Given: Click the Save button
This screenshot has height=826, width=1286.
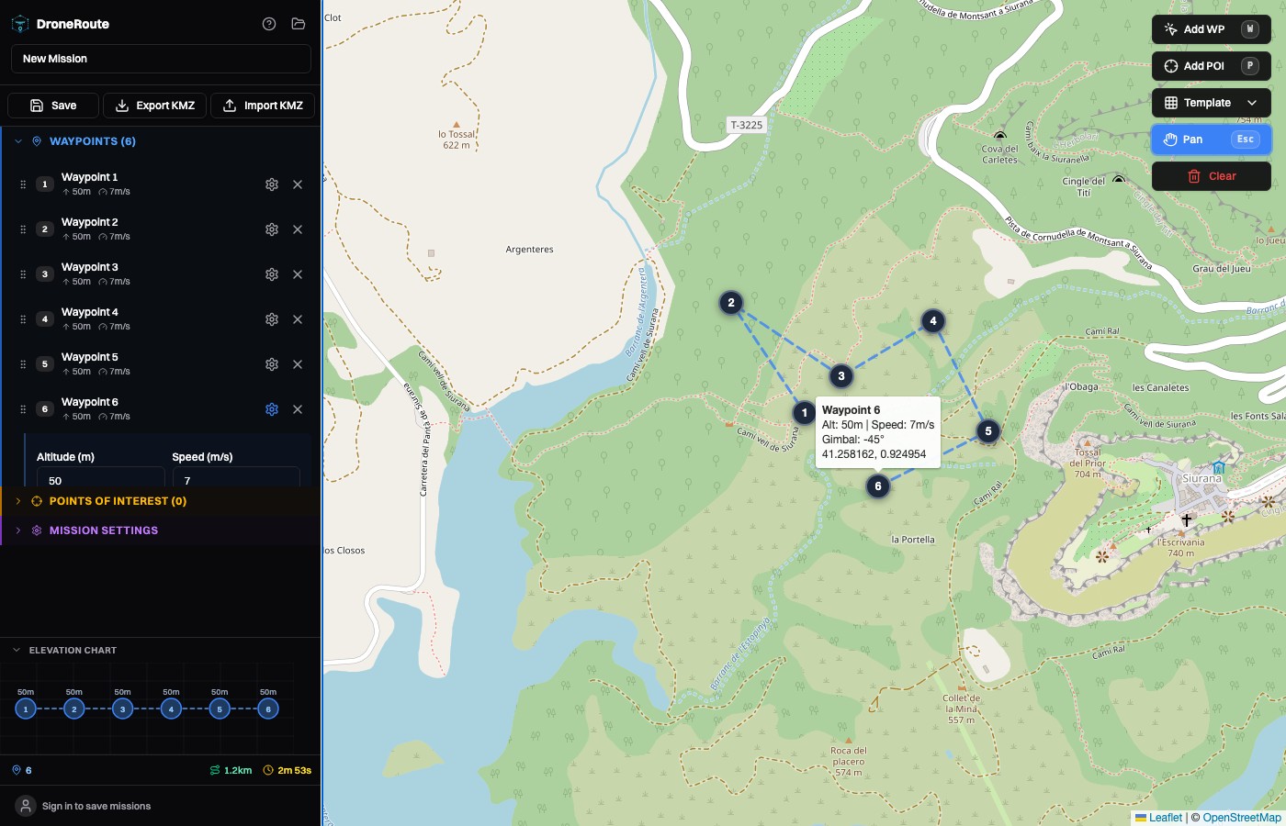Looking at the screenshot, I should click(53, 106).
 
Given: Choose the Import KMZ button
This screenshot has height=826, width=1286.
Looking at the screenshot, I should click(263, 106).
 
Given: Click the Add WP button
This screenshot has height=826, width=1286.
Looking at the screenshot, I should click(1211, 29).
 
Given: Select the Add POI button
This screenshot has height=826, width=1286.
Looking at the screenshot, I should click(1211, 66).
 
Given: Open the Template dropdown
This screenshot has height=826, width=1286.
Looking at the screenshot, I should click(1211, 103).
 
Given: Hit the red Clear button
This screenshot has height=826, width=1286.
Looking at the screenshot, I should click(1211, 176).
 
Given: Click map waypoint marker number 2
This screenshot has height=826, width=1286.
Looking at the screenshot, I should click(731, 303).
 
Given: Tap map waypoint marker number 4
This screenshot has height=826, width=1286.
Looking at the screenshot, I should click(933, 321).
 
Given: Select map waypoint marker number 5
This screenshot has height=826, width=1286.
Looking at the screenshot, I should click(988, 431).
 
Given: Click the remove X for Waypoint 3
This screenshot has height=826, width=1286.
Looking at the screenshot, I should click(298, 274).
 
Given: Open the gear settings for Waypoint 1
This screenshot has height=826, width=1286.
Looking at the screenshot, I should click(272, 184).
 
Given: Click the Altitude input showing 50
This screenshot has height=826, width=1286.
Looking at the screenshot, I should click(100, 480).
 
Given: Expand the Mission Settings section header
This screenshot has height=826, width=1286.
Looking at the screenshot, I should click(103, 530).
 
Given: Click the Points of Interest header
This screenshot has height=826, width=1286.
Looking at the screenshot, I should click(118, 501).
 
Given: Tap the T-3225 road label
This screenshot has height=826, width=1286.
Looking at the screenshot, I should click(747, 125).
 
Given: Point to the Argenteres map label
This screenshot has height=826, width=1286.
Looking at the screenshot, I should click(529, 250).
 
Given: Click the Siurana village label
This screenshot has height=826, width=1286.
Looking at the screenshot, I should click(1201, 478).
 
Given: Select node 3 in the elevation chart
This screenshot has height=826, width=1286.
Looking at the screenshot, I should click(122, 709).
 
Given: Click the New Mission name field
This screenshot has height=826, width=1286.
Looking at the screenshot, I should click(161, 59).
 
